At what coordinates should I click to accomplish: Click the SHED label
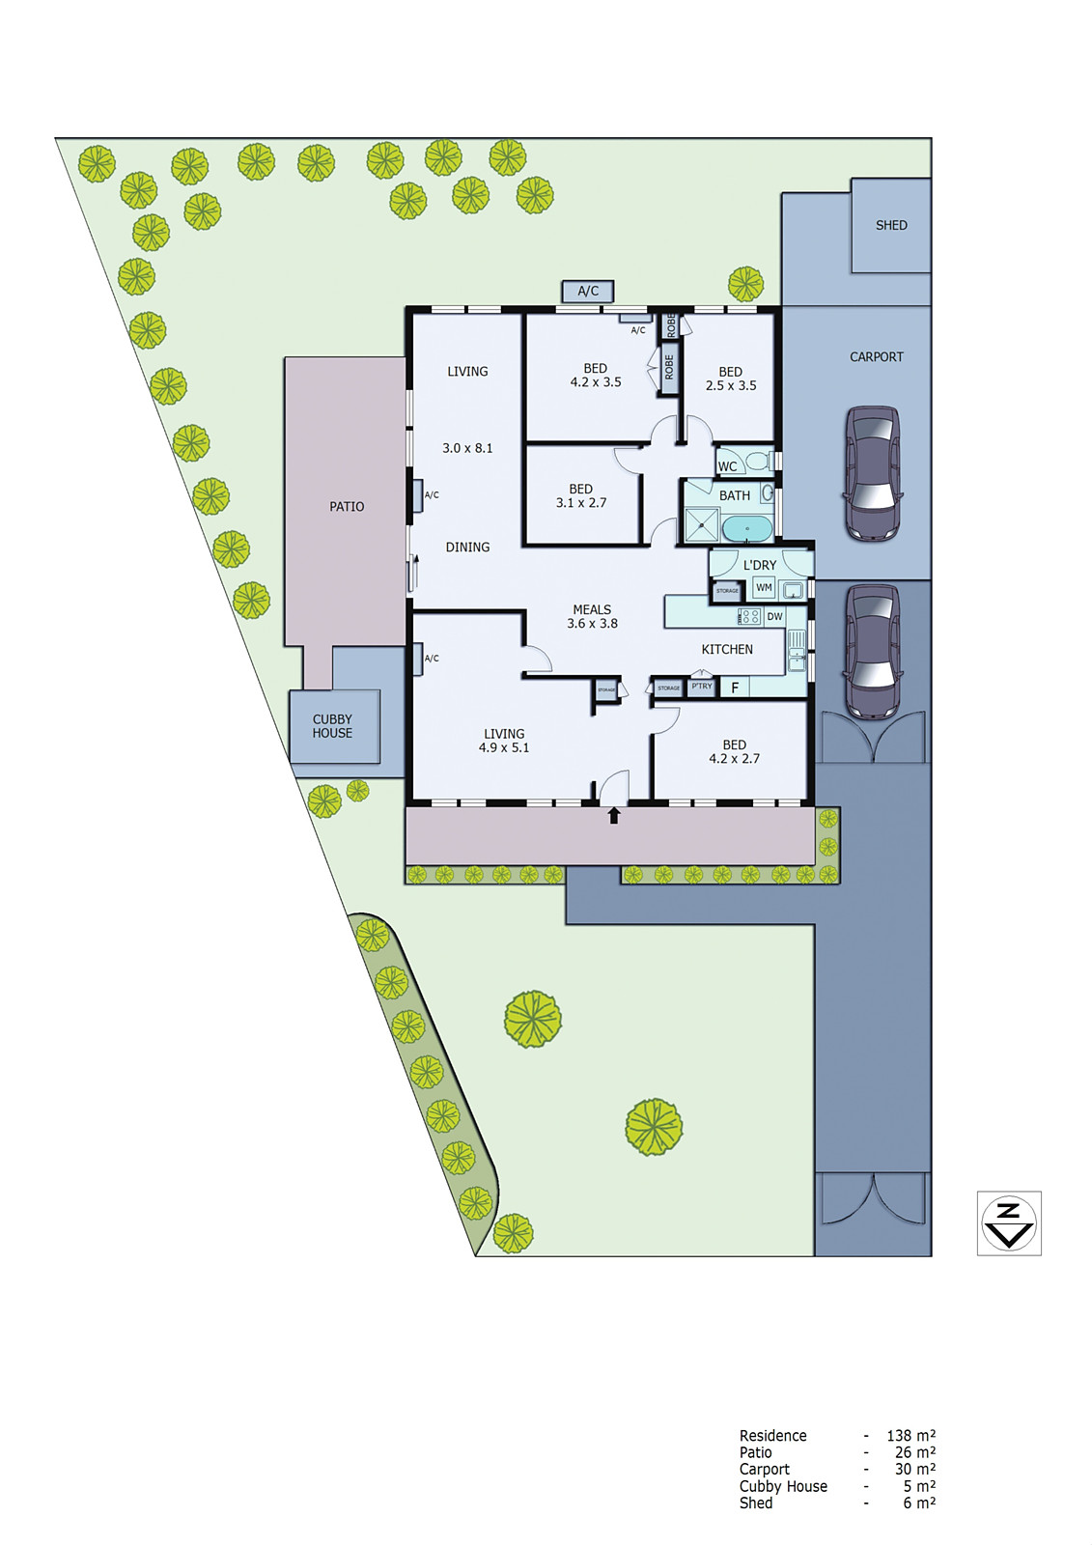(x=890, y=225)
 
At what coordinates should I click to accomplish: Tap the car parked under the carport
(x=873, y=473)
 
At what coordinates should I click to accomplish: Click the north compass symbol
(x=1008, y=1222)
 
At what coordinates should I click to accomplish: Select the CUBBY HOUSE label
(x=332, y=726)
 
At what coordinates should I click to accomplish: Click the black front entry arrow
(x=613, y=816)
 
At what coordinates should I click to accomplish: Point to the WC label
(x=727, y=466)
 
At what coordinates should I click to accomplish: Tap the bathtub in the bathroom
(x=747, y=528)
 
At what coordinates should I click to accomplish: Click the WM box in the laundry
(x=764, y=587)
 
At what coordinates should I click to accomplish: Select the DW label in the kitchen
(x=774, y=616)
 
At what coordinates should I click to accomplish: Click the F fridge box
(x=735, y=688)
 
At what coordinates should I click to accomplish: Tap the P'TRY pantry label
(x=701, y=687)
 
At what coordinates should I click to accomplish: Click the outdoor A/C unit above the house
(x=588, y=291)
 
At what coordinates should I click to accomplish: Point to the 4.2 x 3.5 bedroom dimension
(x=596, y=382)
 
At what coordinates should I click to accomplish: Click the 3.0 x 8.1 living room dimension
(x=467, y=448)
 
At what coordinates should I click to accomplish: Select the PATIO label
(x=347, y=506)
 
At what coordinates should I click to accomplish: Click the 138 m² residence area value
(x=910, y=1436)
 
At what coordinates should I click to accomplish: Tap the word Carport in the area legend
(x=764, y=1470)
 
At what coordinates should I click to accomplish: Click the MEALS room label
(x=592, y=609)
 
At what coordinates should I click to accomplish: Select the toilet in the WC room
(x=759, y=461)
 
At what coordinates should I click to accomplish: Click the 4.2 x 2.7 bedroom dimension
(x=734, y=759)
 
